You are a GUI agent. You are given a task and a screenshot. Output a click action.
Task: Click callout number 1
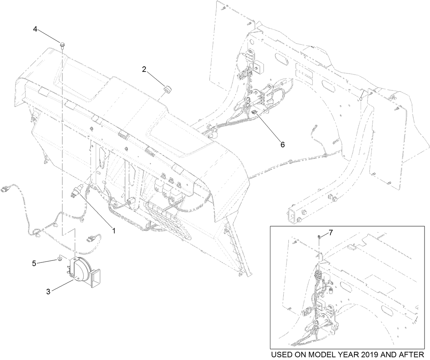pos(114,231)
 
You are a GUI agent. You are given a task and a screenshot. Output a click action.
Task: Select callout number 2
pos(144,69)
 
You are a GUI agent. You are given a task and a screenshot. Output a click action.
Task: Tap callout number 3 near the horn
pos(48,291)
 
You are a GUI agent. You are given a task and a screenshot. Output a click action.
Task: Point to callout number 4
pos(35,29)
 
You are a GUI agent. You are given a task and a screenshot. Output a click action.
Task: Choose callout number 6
pos(282,144)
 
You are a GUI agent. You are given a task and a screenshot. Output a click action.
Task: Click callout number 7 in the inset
pos(331,233)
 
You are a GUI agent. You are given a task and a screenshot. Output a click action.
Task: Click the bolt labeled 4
pos(62,45)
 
